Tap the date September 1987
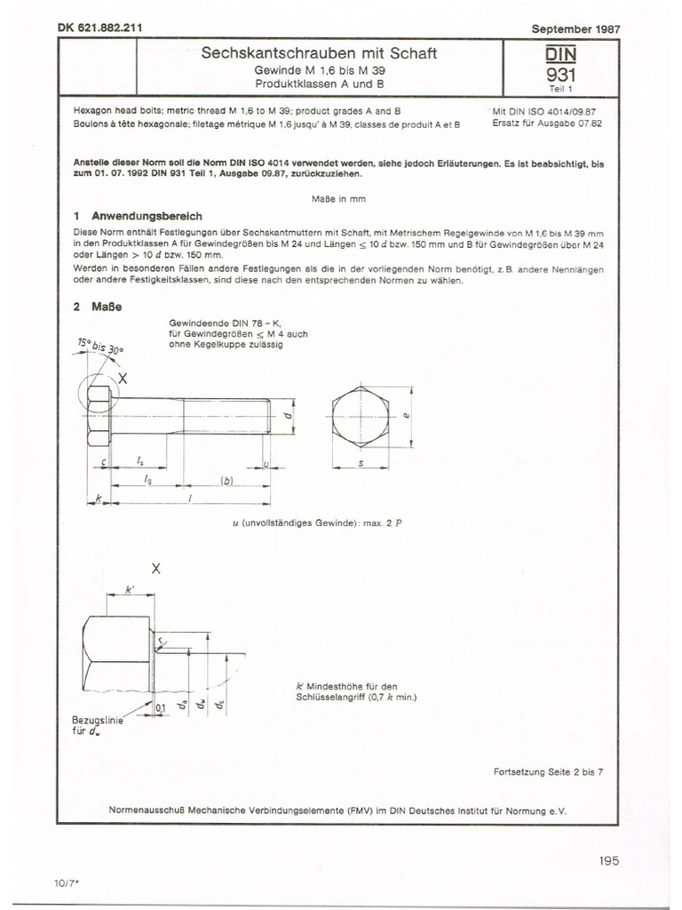(x=575, y=28)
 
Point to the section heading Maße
(x=110, y=307)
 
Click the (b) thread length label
(x=226, y=482)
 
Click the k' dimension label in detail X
(x=129, y=587)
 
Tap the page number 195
(x=609, y=859)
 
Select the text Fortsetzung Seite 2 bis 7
(x=548, y=771)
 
